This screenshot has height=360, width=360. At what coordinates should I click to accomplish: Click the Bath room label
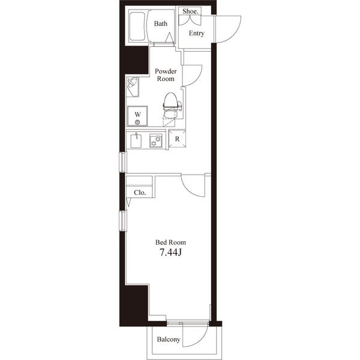(160, 23)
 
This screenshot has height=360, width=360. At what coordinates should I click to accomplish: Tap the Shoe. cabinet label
(190, 11)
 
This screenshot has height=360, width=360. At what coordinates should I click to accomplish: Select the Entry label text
(197, 33)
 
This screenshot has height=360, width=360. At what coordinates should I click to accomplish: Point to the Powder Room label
(166, 75)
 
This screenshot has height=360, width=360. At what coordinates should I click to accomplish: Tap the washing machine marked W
(137, 116)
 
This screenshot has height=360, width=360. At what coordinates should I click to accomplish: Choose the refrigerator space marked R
(177, 139)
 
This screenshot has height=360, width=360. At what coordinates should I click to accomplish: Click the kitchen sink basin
(136, 140)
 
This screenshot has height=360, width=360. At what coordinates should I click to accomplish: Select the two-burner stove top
(155, 140)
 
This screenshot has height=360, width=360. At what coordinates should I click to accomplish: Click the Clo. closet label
(140, 193)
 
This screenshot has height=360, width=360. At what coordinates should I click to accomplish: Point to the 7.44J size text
(170, 253)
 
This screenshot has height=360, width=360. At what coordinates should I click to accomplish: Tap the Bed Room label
(170, 242)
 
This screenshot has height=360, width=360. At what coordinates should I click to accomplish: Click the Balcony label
(168, 340)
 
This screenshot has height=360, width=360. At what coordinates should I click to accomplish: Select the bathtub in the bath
(137, 26)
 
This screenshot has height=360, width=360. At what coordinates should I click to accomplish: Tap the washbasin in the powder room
(133, 87)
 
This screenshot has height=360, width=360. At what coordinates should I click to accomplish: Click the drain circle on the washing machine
(137, 122)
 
